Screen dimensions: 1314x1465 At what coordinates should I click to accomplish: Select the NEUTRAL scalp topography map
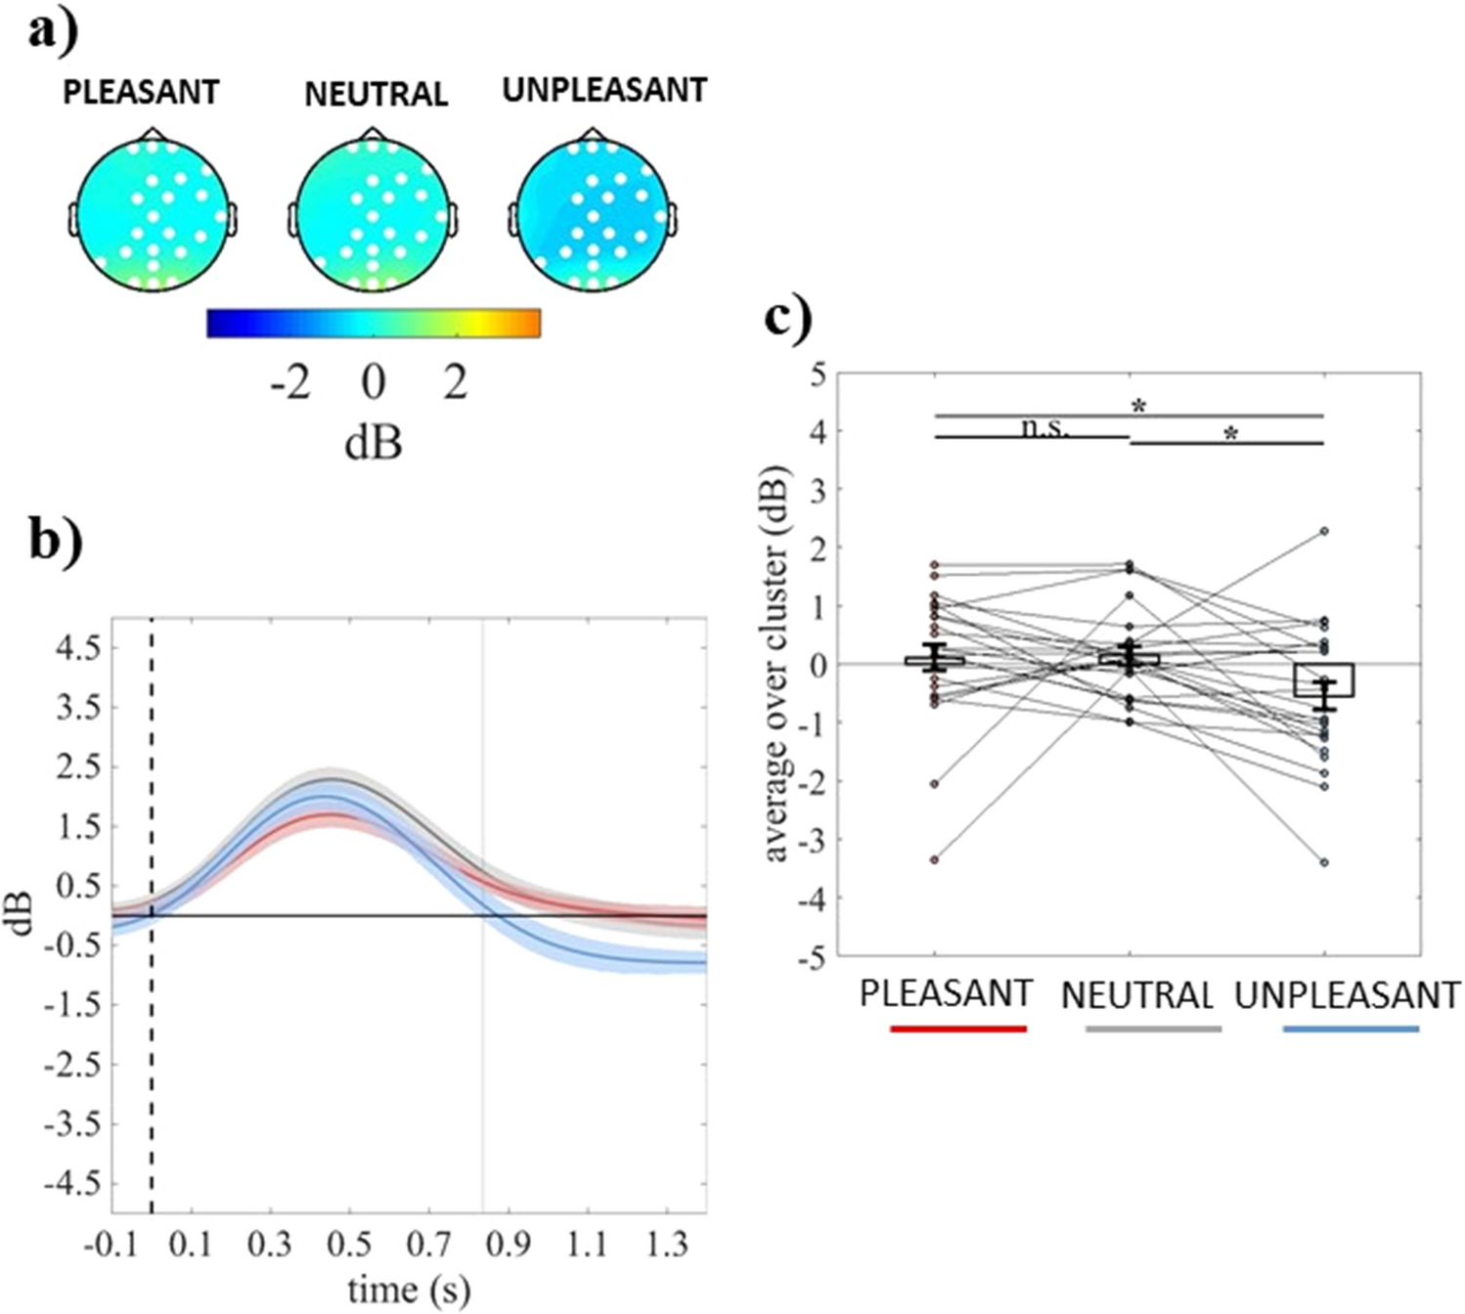[x=372, y=215]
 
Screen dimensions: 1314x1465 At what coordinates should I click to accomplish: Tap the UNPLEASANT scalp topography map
[x=593, y=215]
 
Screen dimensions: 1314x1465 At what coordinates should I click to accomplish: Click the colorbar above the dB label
[x=374, y=324]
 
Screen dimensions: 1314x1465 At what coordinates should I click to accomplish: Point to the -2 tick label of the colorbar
[x=290, y=382]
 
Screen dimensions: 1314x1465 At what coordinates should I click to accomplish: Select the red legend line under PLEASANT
[x=958, y=1029]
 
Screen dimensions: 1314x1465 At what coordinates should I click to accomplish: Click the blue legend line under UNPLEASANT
[x=1351, y=1029]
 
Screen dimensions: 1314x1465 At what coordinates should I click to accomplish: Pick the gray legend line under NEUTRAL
[x=1153, y=1029]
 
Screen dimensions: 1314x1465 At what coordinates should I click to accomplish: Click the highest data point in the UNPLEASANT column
[x=1324, y=531]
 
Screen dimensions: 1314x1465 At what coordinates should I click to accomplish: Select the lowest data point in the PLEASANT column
[x=935, y=859]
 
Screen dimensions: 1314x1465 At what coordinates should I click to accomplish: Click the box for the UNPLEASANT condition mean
[x=1324, y=680]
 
